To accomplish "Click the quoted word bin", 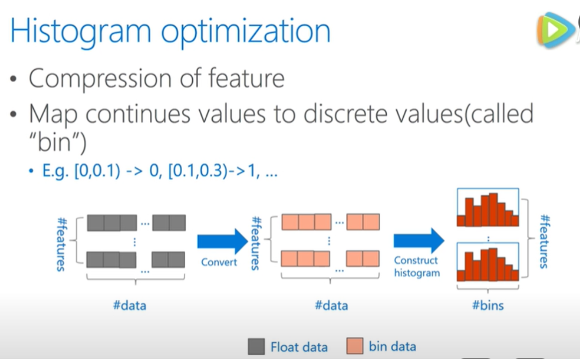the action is [57, 142].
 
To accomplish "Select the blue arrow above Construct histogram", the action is [419, 241].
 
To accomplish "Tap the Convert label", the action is [219, 262].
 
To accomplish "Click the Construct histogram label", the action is [417, 267].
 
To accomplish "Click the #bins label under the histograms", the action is [488, 305].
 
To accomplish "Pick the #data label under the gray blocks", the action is [129, 305].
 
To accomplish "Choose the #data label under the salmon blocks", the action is [331, 305].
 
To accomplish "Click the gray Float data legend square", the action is [256, 347].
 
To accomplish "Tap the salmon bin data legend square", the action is [355, 346].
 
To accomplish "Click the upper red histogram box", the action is [488, 207].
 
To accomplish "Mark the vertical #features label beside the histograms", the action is [545, 241].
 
